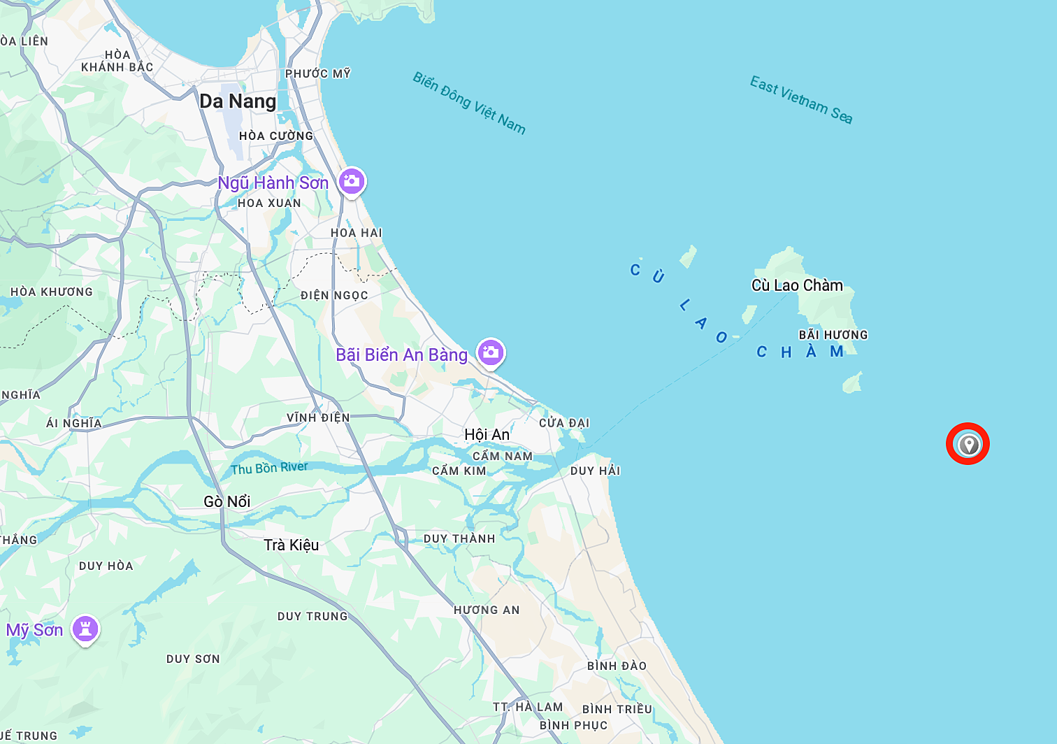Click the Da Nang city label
pyautogui.click(x=238, y=101)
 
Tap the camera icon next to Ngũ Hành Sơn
pyautogui.click(x=352, y=182)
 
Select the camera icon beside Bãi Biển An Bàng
pyautogui.click(x=491, y=352)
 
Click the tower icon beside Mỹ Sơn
pyautogui.click(x=85, y=629)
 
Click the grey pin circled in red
pyautogui.click(x=968, y=443)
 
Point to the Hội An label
pyautogui.click(x=487, y=434)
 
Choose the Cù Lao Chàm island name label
pyautogui.click(x=797, y=285)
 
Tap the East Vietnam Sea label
pyautogui.click(x=801, y=99)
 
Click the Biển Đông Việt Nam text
pyautogui.click(x=469, y=103)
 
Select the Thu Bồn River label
pyautogui.click(x=269, y=468)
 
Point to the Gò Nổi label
pyautogui.click(x=227, y=501)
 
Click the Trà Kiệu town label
pyautogui.click(x=292, y=545)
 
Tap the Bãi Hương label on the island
pyautogui.click(x=833, y=335)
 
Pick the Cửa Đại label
pyautogui.click(x=564, y=423)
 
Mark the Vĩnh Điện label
pyautogui.click(x=318, y=417)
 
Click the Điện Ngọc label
pyautogui.click(x=334, y=295)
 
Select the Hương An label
pyautogui.click(x=487, y=610)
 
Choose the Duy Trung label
pyautogui.click(x=312, y=616)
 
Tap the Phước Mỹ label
pyautogui.click(x=318, y=73)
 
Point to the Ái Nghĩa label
pyautogui.click(x=74, y=423)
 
